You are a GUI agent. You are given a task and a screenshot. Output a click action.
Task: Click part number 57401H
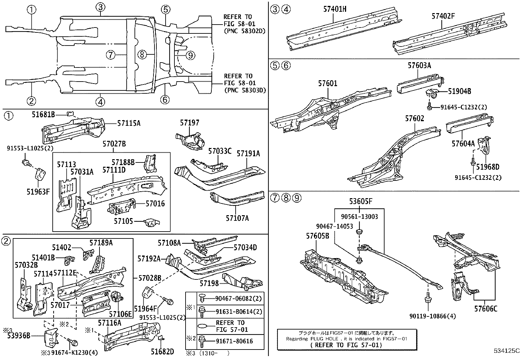click(x=334, y=9)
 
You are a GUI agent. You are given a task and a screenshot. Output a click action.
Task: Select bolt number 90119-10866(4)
click(x=432, y=316)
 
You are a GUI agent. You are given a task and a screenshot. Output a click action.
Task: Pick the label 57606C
click(x=486, y=308)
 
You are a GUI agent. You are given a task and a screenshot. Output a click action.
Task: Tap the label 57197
click(x=189, y=123)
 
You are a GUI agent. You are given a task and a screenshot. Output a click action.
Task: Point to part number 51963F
click(x=38, y=192)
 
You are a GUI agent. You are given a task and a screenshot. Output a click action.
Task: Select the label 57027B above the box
click(x=114, y=144)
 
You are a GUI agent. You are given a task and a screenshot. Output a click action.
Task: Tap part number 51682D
click(x=162, y=351)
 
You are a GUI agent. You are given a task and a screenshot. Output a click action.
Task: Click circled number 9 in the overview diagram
click(x=190, y=55)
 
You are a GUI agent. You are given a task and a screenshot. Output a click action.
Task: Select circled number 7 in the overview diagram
click(x=111, y=55)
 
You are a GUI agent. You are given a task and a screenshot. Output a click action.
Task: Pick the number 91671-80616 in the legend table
click(x=234, y=341)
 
